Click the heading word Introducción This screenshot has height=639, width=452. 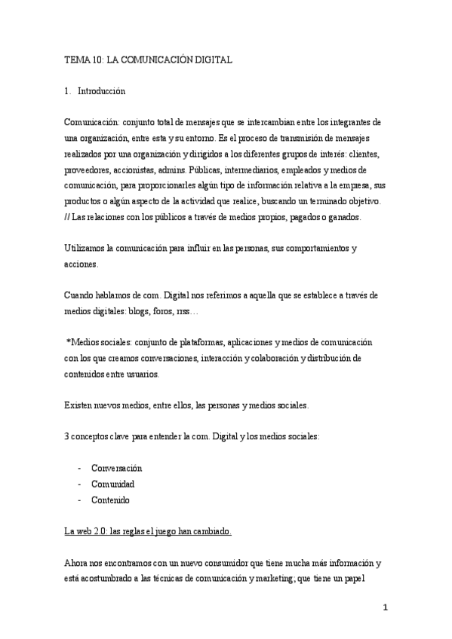pos(101,92)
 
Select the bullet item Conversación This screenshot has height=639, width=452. pos(116,468)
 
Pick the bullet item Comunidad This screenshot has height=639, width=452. pos(112,484)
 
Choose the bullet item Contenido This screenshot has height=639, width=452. pos(110,500)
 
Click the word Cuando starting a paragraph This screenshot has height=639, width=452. pos(80,295)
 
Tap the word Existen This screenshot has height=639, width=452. pos(78,405)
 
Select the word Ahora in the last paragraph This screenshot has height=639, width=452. pos(77,563)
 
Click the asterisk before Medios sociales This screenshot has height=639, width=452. pos(69,342)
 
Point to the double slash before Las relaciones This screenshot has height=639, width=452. pos(67,217)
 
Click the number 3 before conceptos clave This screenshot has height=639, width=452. pos(67,437)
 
